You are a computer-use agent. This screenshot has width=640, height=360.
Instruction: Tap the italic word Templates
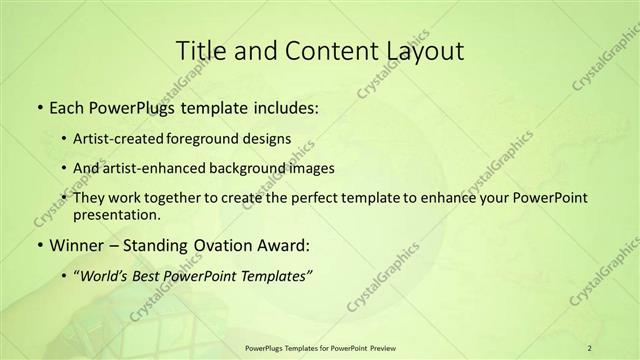coord(277,276)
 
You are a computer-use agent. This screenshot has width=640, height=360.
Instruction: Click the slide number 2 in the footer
coord(590,348)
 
